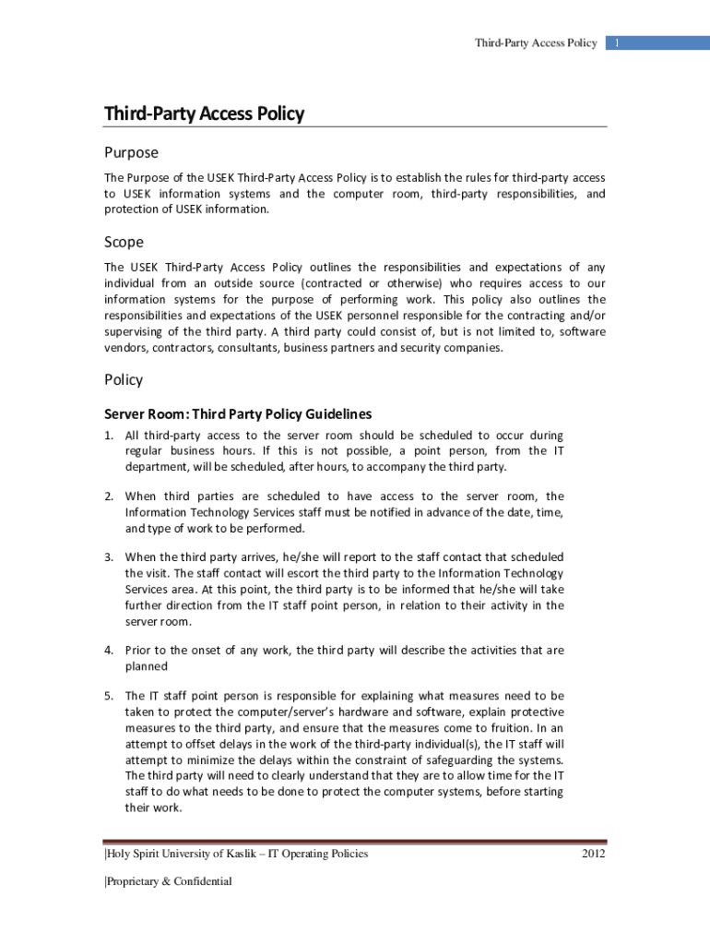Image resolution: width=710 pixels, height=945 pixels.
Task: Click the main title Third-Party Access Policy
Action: (204, 114)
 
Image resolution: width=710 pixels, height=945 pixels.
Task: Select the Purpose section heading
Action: (131, 152)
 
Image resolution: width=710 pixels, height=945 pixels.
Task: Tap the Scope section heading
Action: (124, 242)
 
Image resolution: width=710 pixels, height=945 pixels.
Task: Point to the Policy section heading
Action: (124, 379)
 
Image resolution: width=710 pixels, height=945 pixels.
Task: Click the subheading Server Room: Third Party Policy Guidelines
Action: (238, 414)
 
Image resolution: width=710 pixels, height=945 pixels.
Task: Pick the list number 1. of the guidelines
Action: (109, 435)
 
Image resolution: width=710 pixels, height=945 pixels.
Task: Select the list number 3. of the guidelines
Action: (109, 556)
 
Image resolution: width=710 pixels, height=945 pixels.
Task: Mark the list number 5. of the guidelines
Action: (109, 696)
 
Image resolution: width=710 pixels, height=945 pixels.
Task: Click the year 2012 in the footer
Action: (594, 854)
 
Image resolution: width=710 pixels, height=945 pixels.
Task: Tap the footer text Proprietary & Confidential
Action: (169, 881)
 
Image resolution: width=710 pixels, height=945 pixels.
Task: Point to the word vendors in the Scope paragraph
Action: (124, 348)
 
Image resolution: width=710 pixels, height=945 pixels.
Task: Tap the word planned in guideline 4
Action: (147, 665)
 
